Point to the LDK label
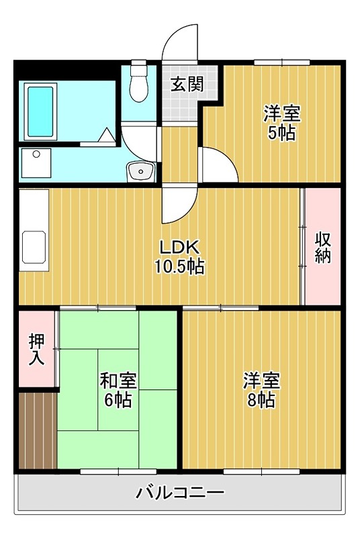[179, 247]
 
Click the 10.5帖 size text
[179, 266]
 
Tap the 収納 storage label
[323, 248]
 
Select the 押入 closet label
[36, 349]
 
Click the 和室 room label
[118, 381]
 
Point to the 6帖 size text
[118, 401]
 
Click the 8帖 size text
[261, 401]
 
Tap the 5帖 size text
[281, 133]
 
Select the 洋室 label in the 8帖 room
[261, 381]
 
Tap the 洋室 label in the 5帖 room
[281, 113]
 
